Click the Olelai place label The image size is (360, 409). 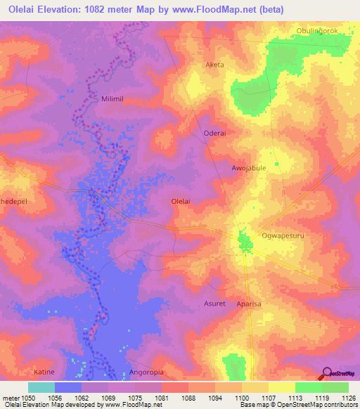[x=181, y=201]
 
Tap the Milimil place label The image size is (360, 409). [x=114, y=99]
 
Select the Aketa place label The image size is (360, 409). [x=214, y=65]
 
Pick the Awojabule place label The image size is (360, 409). [x=249, y=169]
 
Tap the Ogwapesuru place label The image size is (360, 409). [x=283, y=236]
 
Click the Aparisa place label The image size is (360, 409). [x=247, y=304]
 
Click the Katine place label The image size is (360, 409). [x=44, y=370]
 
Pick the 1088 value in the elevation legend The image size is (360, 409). [x=188, y=397]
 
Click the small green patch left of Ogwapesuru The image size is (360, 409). [x=245, y=243]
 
